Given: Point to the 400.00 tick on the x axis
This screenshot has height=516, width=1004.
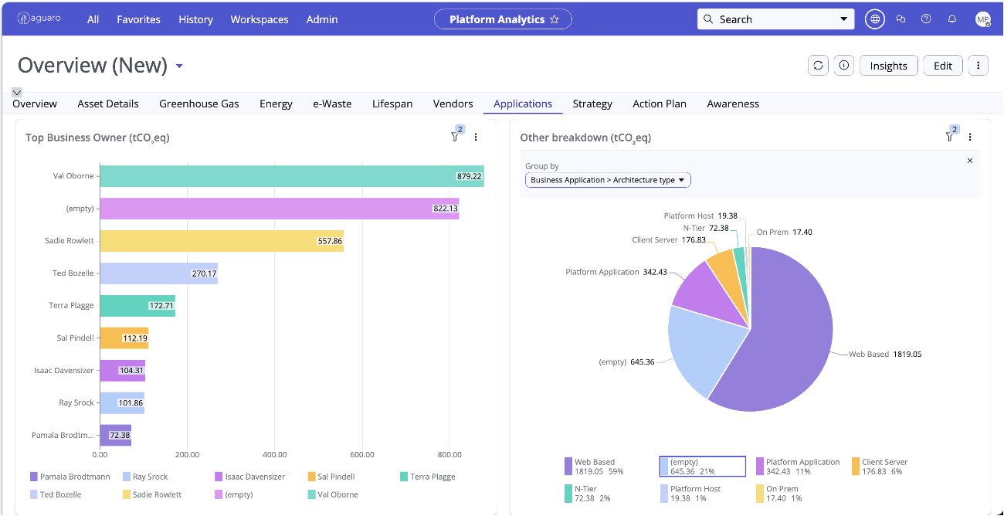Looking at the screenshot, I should pos(274,455).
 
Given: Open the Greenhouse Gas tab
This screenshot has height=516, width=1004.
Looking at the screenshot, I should pos(199,104).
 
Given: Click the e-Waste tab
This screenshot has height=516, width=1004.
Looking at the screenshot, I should pos(332,104).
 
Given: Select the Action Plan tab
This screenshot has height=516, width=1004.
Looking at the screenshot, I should pos(660,104).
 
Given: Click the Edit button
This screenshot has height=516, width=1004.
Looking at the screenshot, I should pos(942,66).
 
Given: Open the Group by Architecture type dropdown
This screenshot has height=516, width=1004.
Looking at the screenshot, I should pos(608,180).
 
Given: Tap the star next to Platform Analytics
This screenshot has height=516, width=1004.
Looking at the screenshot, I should pos(555,19).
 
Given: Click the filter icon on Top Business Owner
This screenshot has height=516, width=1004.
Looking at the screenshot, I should pos(455,137).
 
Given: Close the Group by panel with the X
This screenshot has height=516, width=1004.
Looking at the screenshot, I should pos(970,161).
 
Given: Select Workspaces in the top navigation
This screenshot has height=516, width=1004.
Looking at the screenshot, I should pos(259,19).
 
